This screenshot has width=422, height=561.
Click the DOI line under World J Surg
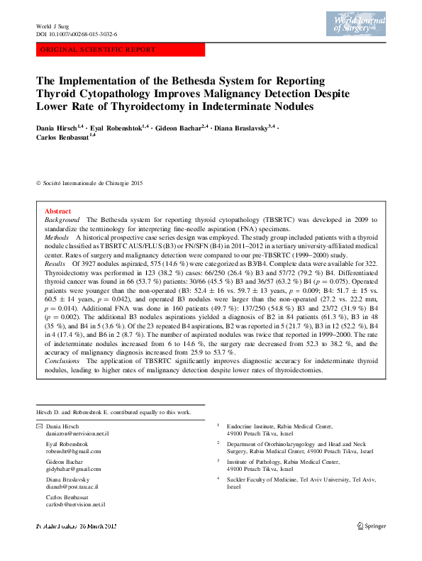click(x=77, y=33)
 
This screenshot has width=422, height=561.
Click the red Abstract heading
click(x=57, y=211)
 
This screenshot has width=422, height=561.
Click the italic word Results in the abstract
click(x=55, y=262)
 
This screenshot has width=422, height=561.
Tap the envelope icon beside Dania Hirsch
click(x=38, y=426)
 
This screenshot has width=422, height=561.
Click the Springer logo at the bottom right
click(x=370, y=526)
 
